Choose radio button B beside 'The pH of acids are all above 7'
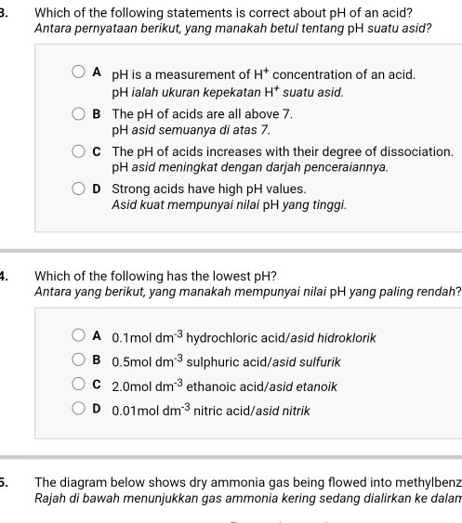tap(82, 112)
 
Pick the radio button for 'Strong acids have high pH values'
tap(82, 188)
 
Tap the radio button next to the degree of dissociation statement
tap(82, 150)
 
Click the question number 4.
tap(5, 276)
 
